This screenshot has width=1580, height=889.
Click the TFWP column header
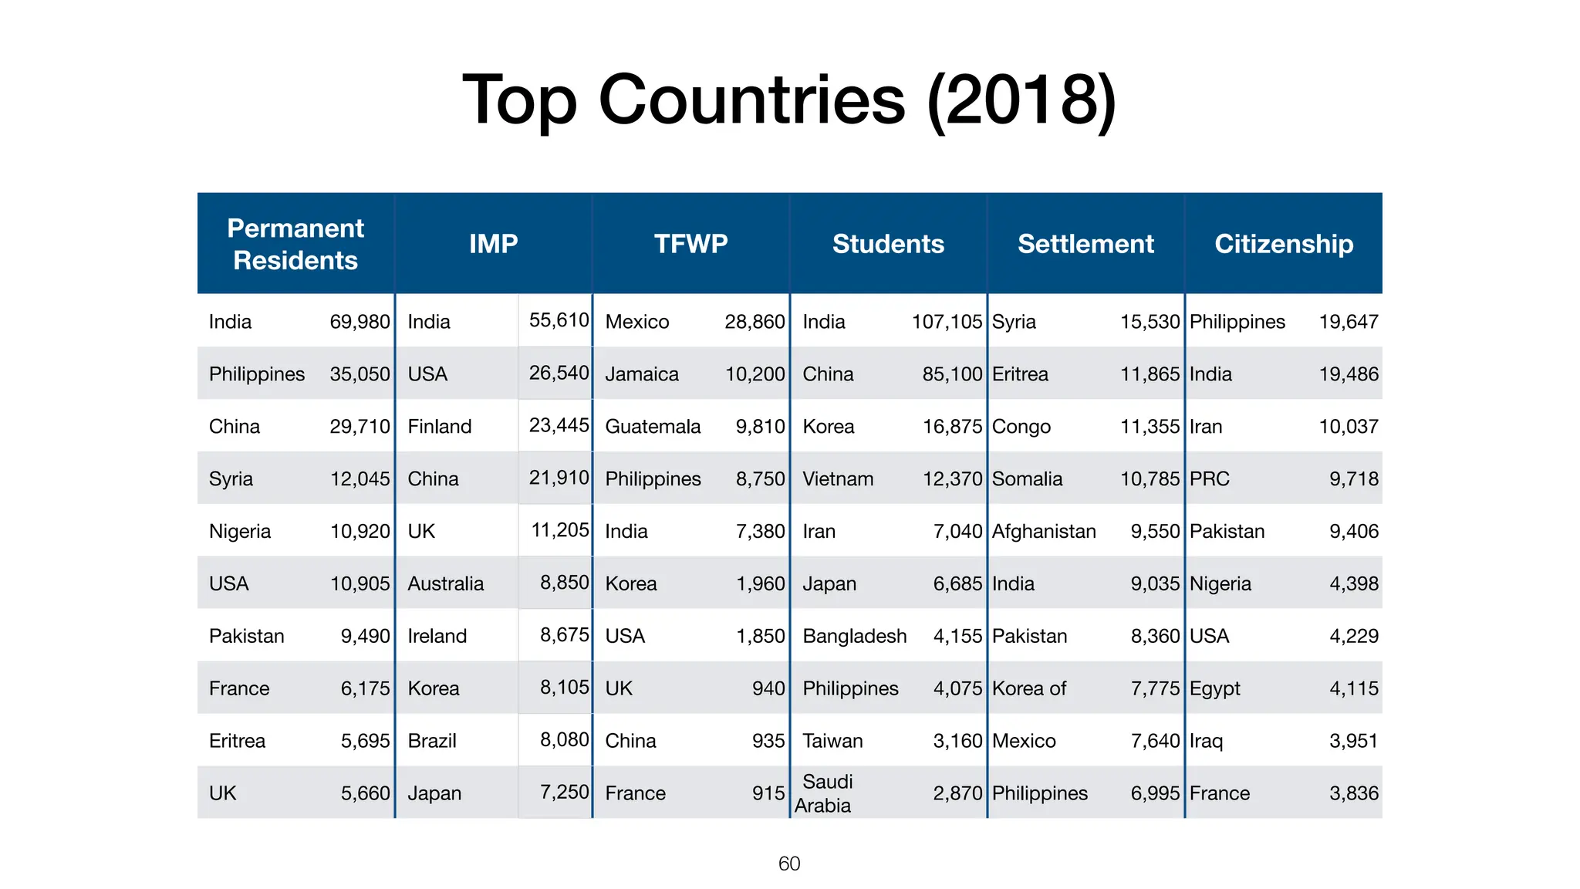coord(690,244)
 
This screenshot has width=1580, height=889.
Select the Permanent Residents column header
coord(295,244)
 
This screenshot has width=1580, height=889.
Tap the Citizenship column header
coord(1283,244)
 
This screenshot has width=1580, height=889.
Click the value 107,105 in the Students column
coord(947,322)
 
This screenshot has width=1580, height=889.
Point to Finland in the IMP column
coord(439,427)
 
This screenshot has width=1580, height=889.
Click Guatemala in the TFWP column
coord(653,427)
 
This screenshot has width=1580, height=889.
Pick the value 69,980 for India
coord(360,322)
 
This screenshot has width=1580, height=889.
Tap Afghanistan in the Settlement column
coord(1043,532)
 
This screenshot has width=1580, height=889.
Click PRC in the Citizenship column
coord(1209,479)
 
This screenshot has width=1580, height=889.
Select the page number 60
coord(789,864)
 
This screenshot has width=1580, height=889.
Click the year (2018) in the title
coord(1021,100)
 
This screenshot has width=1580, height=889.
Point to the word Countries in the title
coord(751,100)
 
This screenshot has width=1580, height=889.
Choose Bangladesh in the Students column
coord(854,637)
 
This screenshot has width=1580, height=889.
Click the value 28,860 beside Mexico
coord(754,322)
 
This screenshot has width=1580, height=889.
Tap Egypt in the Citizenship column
coord(1214,689)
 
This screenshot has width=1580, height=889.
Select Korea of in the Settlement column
coord(1028,689)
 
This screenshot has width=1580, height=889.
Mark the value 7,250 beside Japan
coord(564,792)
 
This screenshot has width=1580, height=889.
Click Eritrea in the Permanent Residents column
coord(237,742)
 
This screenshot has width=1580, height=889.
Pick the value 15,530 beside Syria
coord(1150,322)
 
